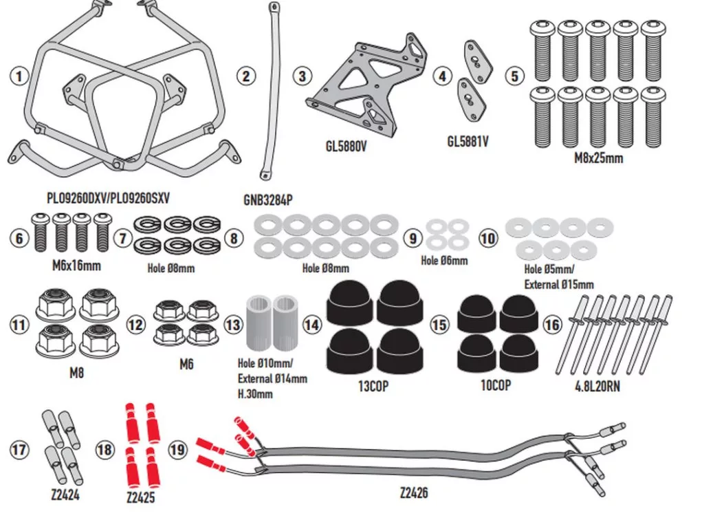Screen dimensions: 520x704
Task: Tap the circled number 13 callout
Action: (x=234, y=323)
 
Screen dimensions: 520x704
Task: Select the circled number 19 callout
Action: (x=177, y=450)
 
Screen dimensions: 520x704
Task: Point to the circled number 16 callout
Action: (x=551, y=323)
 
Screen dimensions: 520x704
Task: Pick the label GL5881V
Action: (x=467, y=142)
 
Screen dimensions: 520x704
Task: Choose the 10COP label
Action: (x=495, y=385)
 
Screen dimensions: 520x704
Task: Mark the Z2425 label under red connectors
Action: (x=141, y=497)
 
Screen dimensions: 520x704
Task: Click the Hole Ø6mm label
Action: (x=444, y=261)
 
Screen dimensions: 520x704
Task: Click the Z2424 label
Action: (x=65, y=495)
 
